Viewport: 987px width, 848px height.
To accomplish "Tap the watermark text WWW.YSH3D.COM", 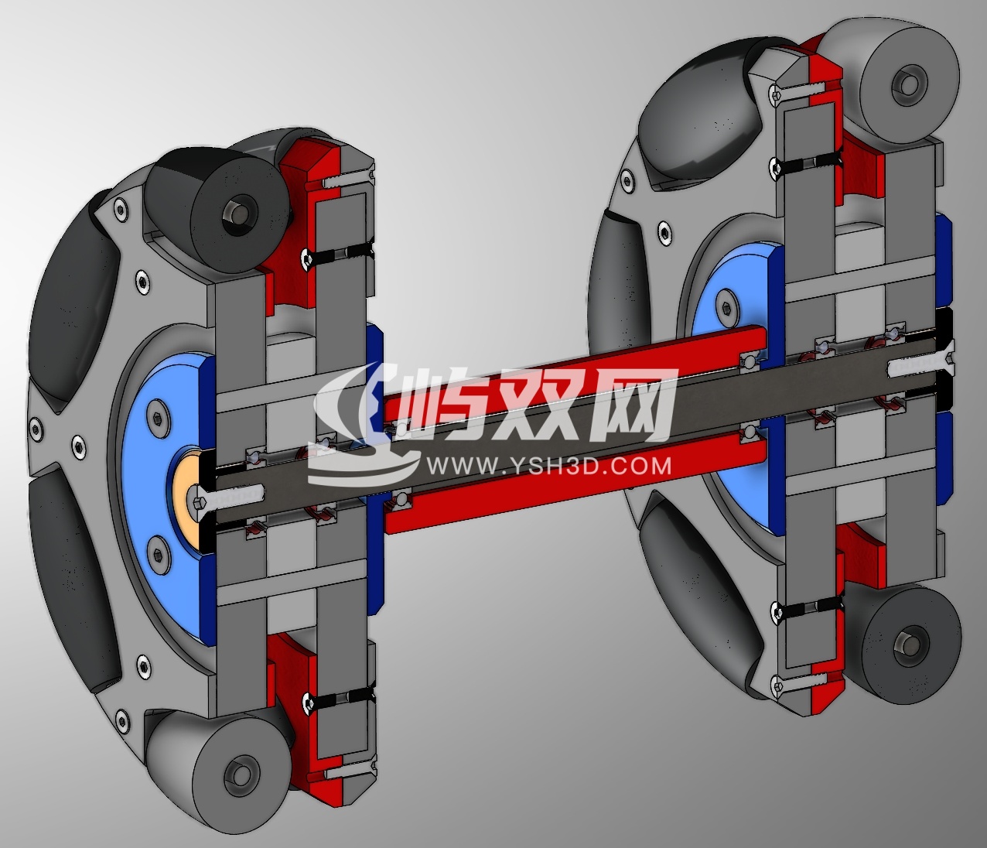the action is [x=548, y=465].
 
